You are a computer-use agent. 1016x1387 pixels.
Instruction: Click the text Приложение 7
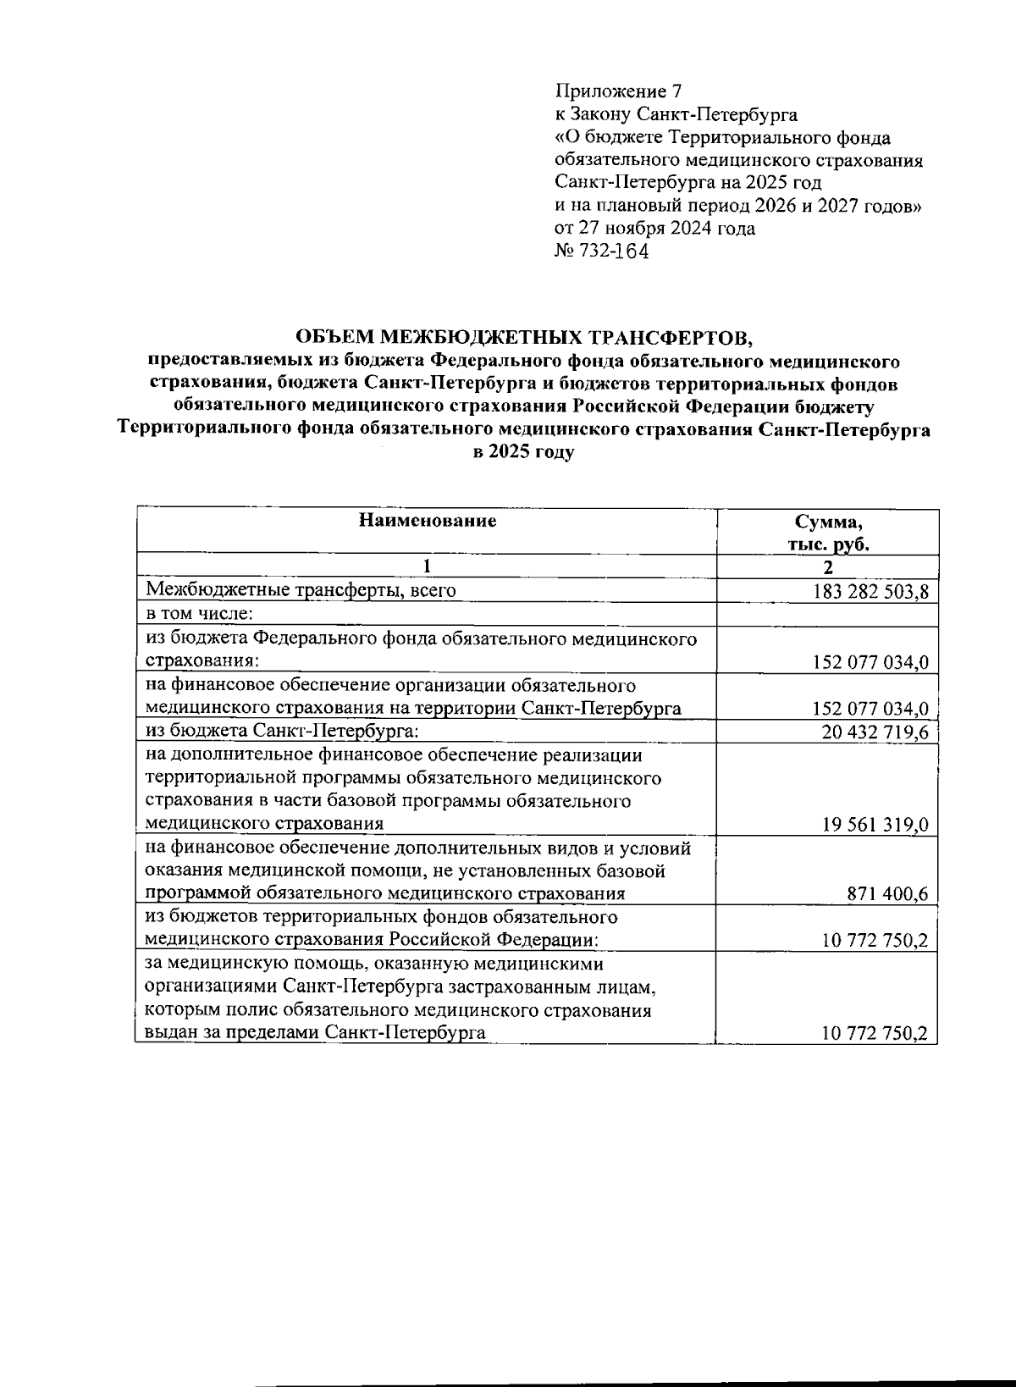tap(617, 91)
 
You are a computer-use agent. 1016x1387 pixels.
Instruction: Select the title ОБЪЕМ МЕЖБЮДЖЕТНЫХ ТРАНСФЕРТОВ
tap(523, 338)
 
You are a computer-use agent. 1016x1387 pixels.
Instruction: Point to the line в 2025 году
tap(523, 452)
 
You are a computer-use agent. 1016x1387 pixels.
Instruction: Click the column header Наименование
tap(427, 521)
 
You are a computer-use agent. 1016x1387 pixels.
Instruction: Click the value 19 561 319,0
tap(875, 825)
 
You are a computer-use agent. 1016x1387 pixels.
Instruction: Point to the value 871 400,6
tap(887, 894)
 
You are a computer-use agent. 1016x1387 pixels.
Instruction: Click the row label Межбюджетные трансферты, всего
tap(301, 590)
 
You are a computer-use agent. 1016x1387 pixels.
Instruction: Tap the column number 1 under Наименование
tap(427, 566)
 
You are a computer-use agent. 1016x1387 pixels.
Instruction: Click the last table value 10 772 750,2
tap(875, 1033)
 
